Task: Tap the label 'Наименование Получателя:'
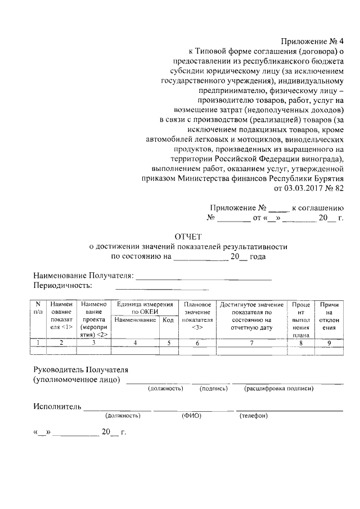(x=83, y=276)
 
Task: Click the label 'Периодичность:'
(x=60, y=286)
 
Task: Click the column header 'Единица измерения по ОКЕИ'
(x=143, y=308)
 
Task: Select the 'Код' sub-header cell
(x=168, y=319)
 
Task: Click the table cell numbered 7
(x=251, y=342)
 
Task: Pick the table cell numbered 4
(x=135, y=342)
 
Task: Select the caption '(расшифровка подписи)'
(x=278, y=389)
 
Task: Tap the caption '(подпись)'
(x=214, y=389)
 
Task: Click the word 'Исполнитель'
(x=57, y=406)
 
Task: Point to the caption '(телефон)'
(x=253, y=416)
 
